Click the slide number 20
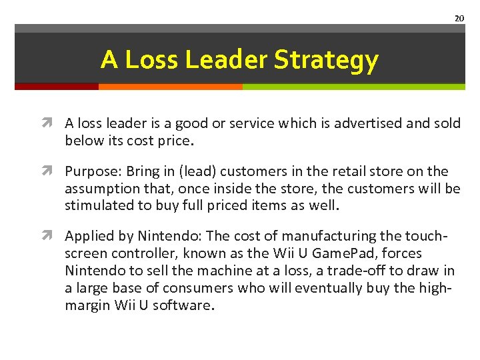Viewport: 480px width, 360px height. point(459,18)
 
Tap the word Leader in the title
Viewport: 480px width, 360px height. point(227,60)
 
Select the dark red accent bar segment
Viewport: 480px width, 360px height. point(57,86)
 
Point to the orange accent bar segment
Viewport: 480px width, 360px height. point(170,86)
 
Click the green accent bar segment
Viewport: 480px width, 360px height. point(353,86)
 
